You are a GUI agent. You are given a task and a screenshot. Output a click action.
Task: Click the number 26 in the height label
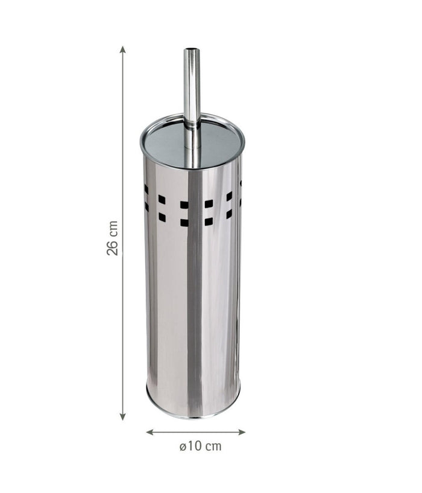point(112,247)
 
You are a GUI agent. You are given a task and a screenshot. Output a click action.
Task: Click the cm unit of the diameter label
point(213,447)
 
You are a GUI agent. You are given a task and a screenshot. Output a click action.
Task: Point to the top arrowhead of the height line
point(123,49)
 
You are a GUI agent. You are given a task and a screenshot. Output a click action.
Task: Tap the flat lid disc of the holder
point(169,142)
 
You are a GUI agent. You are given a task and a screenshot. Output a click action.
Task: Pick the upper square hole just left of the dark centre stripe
point(184,205)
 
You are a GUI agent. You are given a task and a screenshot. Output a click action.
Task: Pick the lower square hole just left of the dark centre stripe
point(184,222)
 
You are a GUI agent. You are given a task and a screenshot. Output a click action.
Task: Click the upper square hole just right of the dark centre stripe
point(208,204)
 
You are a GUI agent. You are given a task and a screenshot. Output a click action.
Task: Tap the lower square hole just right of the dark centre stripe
point(208,221)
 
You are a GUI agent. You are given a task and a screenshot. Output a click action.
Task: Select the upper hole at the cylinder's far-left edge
point(146,189)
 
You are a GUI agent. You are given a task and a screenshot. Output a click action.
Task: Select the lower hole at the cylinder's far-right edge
point(241,202)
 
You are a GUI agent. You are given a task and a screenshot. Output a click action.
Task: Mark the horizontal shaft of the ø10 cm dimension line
point(195,432)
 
